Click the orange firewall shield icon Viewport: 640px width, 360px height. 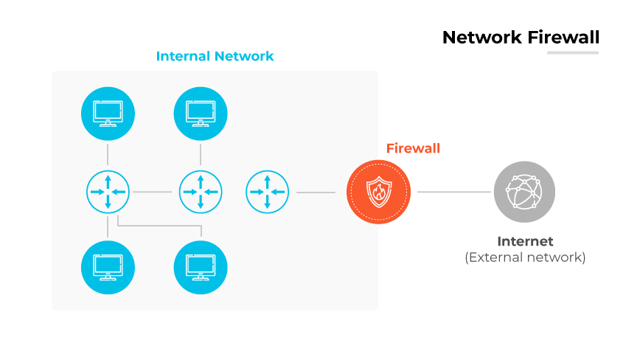point(378,192)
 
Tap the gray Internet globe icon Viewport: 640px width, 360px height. point(523,192)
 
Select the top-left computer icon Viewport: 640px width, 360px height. point(108,114)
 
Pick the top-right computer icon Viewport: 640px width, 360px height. point(201,114)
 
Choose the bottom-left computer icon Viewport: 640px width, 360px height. point(108,267)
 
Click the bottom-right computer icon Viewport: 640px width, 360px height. point(201,267)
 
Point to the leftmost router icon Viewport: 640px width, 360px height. point(108,192)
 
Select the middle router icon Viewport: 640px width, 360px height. point(201,192)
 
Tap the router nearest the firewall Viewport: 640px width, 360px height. point(267,192)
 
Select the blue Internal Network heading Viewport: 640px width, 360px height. point(215,56)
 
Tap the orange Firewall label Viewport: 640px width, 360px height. point(413,148)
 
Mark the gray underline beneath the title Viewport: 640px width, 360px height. point(572,52)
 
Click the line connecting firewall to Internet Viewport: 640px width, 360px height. point(453,192)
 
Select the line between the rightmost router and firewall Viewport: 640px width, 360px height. point(316,193)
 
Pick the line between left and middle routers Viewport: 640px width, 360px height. point(153,193)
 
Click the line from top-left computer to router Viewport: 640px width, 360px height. point(108,154)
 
